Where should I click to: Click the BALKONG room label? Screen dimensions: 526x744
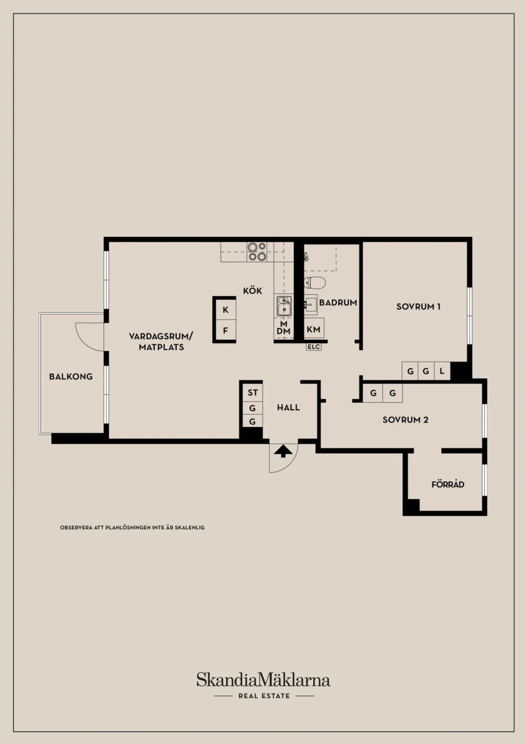[71, 377]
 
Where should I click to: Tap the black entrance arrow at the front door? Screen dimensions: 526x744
[283, 451]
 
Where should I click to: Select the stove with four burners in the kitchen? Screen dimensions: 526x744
[257, 252]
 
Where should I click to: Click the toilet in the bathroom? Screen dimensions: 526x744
[314, 282]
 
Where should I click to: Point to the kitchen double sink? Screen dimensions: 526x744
[284, 306]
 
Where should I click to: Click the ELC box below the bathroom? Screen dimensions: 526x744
[314, 347]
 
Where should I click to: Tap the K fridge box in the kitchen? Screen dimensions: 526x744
[226, 310]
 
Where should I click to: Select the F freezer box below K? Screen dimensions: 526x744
[226, 331]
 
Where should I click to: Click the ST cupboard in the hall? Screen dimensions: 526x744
[253, 393]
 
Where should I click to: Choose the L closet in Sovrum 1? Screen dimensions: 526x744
[442, 371]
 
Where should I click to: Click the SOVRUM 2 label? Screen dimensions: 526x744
[405, 420]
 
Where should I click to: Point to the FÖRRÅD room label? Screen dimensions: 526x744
[448, 485]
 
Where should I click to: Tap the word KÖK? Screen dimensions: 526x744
[253, 291]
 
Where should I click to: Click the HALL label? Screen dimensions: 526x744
[288, 408]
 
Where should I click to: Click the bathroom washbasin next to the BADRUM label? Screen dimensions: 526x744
[310, 304]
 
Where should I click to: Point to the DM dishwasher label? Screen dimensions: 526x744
[284, 331]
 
